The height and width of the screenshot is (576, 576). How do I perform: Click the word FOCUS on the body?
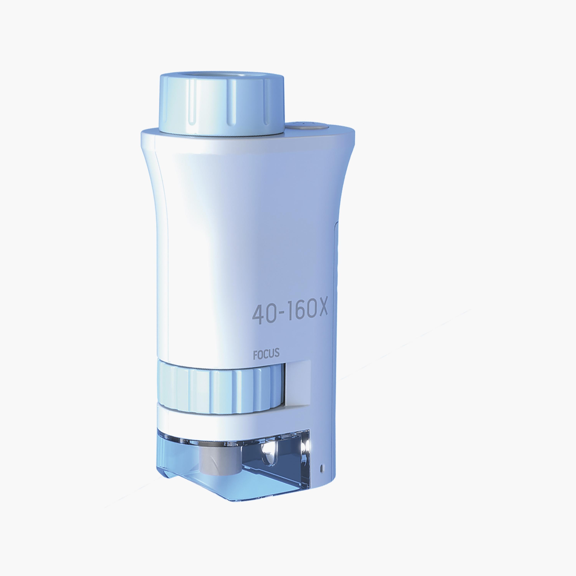coord(266,354)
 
